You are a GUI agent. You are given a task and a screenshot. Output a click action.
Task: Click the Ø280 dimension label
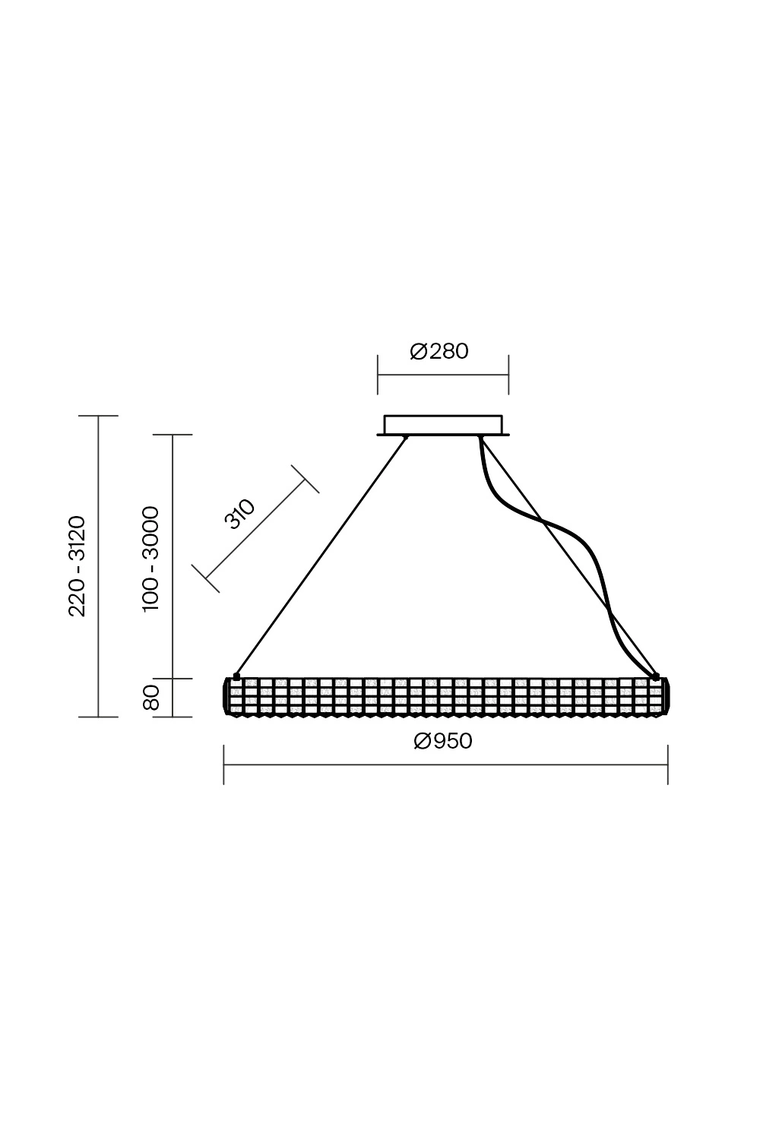click(439, 352)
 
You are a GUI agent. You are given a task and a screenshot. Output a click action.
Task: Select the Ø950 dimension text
click(443, 741)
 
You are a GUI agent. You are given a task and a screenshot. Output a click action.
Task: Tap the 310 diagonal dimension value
click(239, 515)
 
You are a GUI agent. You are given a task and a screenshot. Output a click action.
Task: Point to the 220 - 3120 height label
click(78, 566)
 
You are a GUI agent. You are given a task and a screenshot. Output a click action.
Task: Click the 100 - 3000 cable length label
click(151, 559)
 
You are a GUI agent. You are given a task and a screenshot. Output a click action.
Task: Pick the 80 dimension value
click(152, 698)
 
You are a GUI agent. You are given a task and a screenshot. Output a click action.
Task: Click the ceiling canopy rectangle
click(443, 426)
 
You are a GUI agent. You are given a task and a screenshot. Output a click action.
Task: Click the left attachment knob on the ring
click(236, 676)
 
